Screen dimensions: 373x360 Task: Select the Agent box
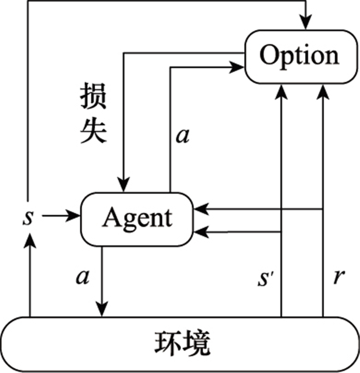point(137,218)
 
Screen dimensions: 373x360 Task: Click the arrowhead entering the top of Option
point(307,23)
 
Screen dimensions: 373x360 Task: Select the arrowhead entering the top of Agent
point(123,186)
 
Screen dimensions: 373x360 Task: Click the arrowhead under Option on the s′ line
point(281,90)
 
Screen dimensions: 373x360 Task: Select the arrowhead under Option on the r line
point(322,90)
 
